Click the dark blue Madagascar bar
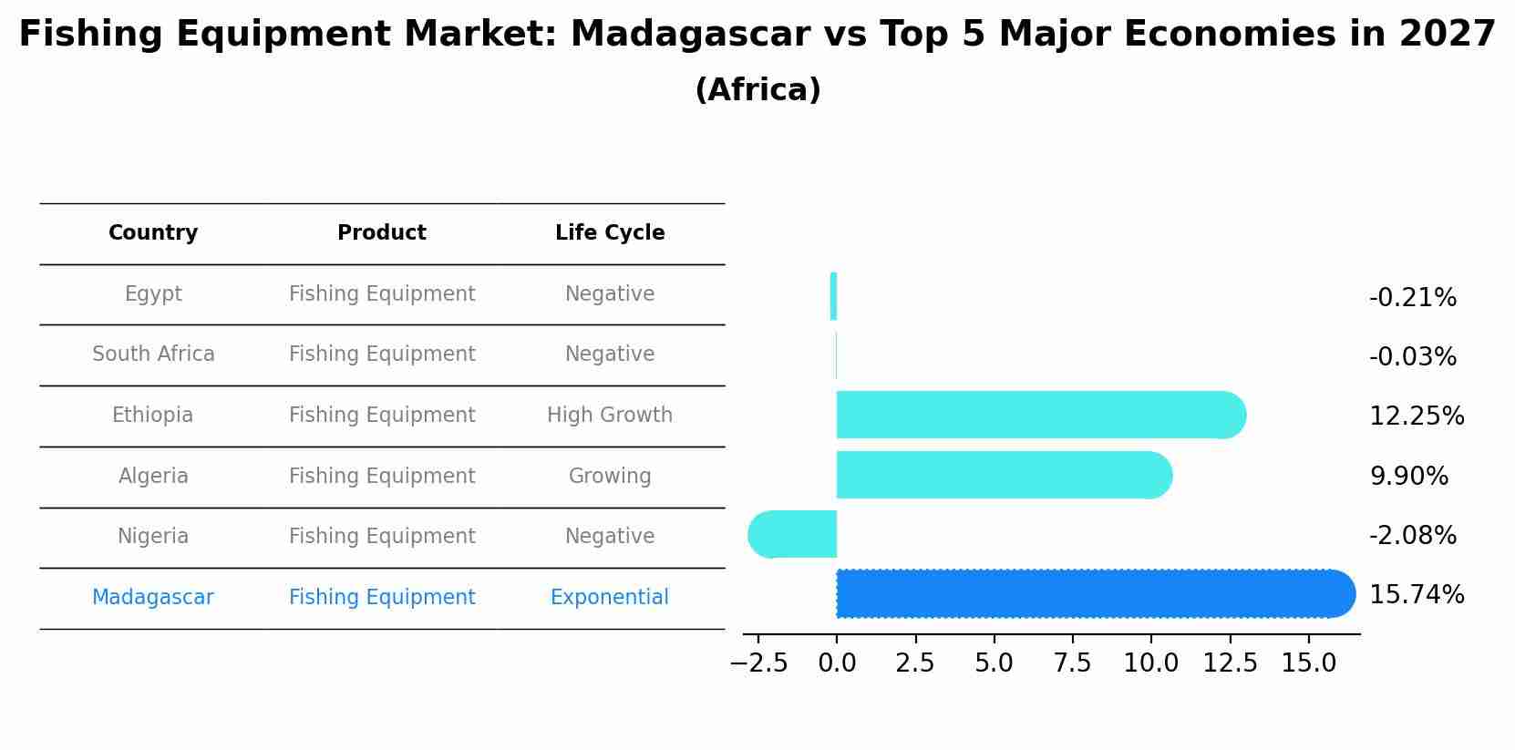pyautogui.click(x=1094, y=594)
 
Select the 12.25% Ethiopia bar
pyautogui.click(x=1039, y=416)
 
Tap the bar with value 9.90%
pyautogui.click(x=1003, y=475)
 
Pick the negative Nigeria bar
pyautogui.click(x=793, y=534)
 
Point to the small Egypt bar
pyautogui.click(x=833, y=296)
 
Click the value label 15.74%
pyautogui.click(x=1416, y=595)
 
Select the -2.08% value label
pyautogui.click(x=1412, y=536)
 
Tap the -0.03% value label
pyautogui.click(x=1412, y=357)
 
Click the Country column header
pyautogui.click(x=153, y=233)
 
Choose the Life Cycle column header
pyautogui.click(x=610, y=233)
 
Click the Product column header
pyautogui.click(x=382, y=233)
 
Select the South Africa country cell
pyautogui.click(x=153, y=354)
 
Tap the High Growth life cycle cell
pyautogui.click(x=610, y=416)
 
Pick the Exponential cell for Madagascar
pyautogui.click(x=610, y=598)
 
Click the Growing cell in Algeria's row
pyautogui.click(x=610, y=477)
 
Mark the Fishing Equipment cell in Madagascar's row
pyautogui.click(x=382, y=598)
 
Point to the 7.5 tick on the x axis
pyautogui.click(x=1072, y=663)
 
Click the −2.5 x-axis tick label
pyautogui.click(x=758, y=663)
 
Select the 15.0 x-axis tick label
pyautogui.click(x=1308, y=663)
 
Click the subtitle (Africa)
pyautogui.click(x=757, y=90)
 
